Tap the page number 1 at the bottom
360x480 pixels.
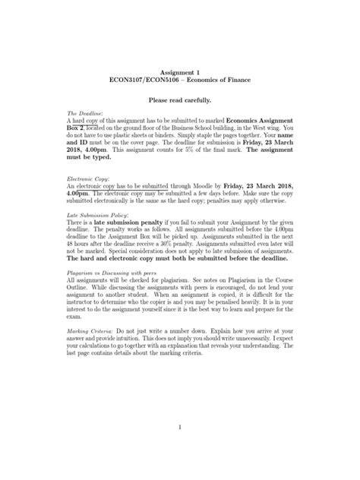pyautogui.click(x=180, y=427)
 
